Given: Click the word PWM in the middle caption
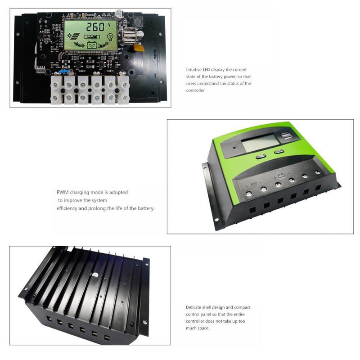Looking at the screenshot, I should pyautogui.click(x=63, y=192).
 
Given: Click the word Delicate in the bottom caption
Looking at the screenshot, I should pyautogui.click(x=194, y=307).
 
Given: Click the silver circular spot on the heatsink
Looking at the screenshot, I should pyautogui.click(x=95, y=273).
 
